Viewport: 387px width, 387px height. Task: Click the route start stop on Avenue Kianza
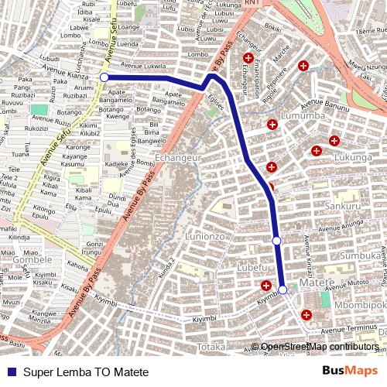click(104, 77)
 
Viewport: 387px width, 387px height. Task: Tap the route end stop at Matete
click(283, 289)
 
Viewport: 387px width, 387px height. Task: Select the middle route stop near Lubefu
click(276, 241)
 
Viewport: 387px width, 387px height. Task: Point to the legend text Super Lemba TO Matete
click(85, 372)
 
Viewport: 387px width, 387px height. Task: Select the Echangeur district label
click(178, 157)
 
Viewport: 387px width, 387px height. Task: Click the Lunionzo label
click(204, 235)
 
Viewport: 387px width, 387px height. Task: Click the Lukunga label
click(354, 158)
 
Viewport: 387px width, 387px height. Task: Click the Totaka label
click(211, 347)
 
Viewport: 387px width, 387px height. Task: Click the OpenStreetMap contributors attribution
click(320, 346)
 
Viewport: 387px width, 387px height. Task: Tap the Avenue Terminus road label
click(356, 329)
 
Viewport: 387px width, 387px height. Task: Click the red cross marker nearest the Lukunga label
click(334, 140)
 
